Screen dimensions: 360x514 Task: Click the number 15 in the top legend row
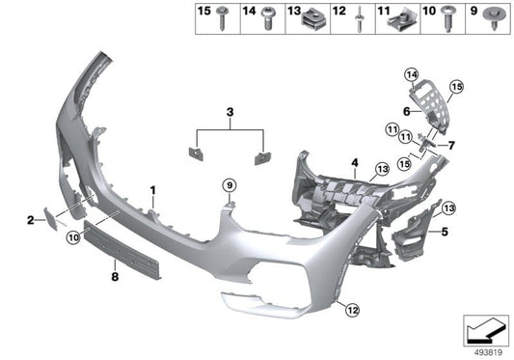point(203,12)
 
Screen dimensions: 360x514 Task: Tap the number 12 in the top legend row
point(338,12)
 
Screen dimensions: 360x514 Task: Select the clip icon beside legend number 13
point(312,17)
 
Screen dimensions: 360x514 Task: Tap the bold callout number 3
point(230,114)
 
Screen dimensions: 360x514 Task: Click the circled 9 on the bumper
point(230,184)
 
